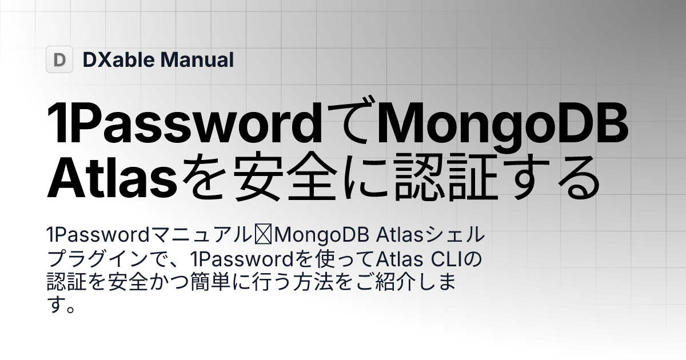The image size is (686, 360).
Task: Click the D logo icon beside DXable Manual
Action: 59,59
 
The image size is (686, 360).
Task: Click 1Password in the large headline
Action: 184,125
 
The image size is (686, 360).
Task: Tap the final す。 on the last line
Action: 61,306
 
